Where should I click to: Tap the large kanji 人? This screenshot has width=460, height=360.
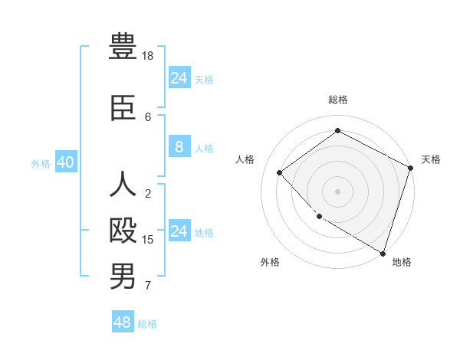tap(123, 186)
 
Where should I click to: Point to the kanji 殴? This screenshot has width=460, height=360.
tap(123, 231)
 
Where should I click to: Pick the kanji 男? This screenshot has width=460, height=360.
tap(123, 276)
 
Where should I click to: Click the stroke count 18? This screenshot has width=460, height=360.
tap(148, 56)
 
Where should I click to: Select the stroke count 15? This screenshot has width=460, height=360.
tap(148, 240)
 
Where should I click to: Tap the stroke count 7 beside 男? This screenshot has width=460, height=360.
tap(148, 286)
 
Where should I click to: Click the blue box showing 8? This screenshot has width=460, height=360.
tap(179, 148)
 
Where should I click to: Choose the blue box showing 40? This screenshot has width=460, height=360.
tap(65, 163)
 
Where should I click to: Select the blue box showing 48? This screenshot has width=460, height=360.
tap(122, 322)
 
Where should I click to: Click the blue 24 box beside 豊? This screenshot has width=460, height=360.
tap(179, 78)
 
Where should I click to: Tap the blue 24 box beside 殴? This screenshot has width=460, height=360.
tap(179, 231)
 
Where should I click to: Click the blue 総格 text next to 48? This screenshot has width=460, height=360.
tap(147, 324)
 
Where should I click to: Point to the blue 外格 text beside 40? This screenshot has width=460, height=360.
tap(41, 164)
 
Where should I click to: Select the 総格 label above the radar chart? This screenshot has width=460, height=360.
tap(337, 100)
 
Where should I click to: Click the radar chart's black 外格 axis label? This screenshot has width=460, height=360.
tap(270, 262)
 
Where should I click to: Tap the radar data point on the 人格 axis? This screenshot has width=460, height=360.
tap(280, 172)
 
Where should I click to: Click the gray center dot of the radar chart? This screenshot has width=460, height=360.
tap(337, 191)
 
